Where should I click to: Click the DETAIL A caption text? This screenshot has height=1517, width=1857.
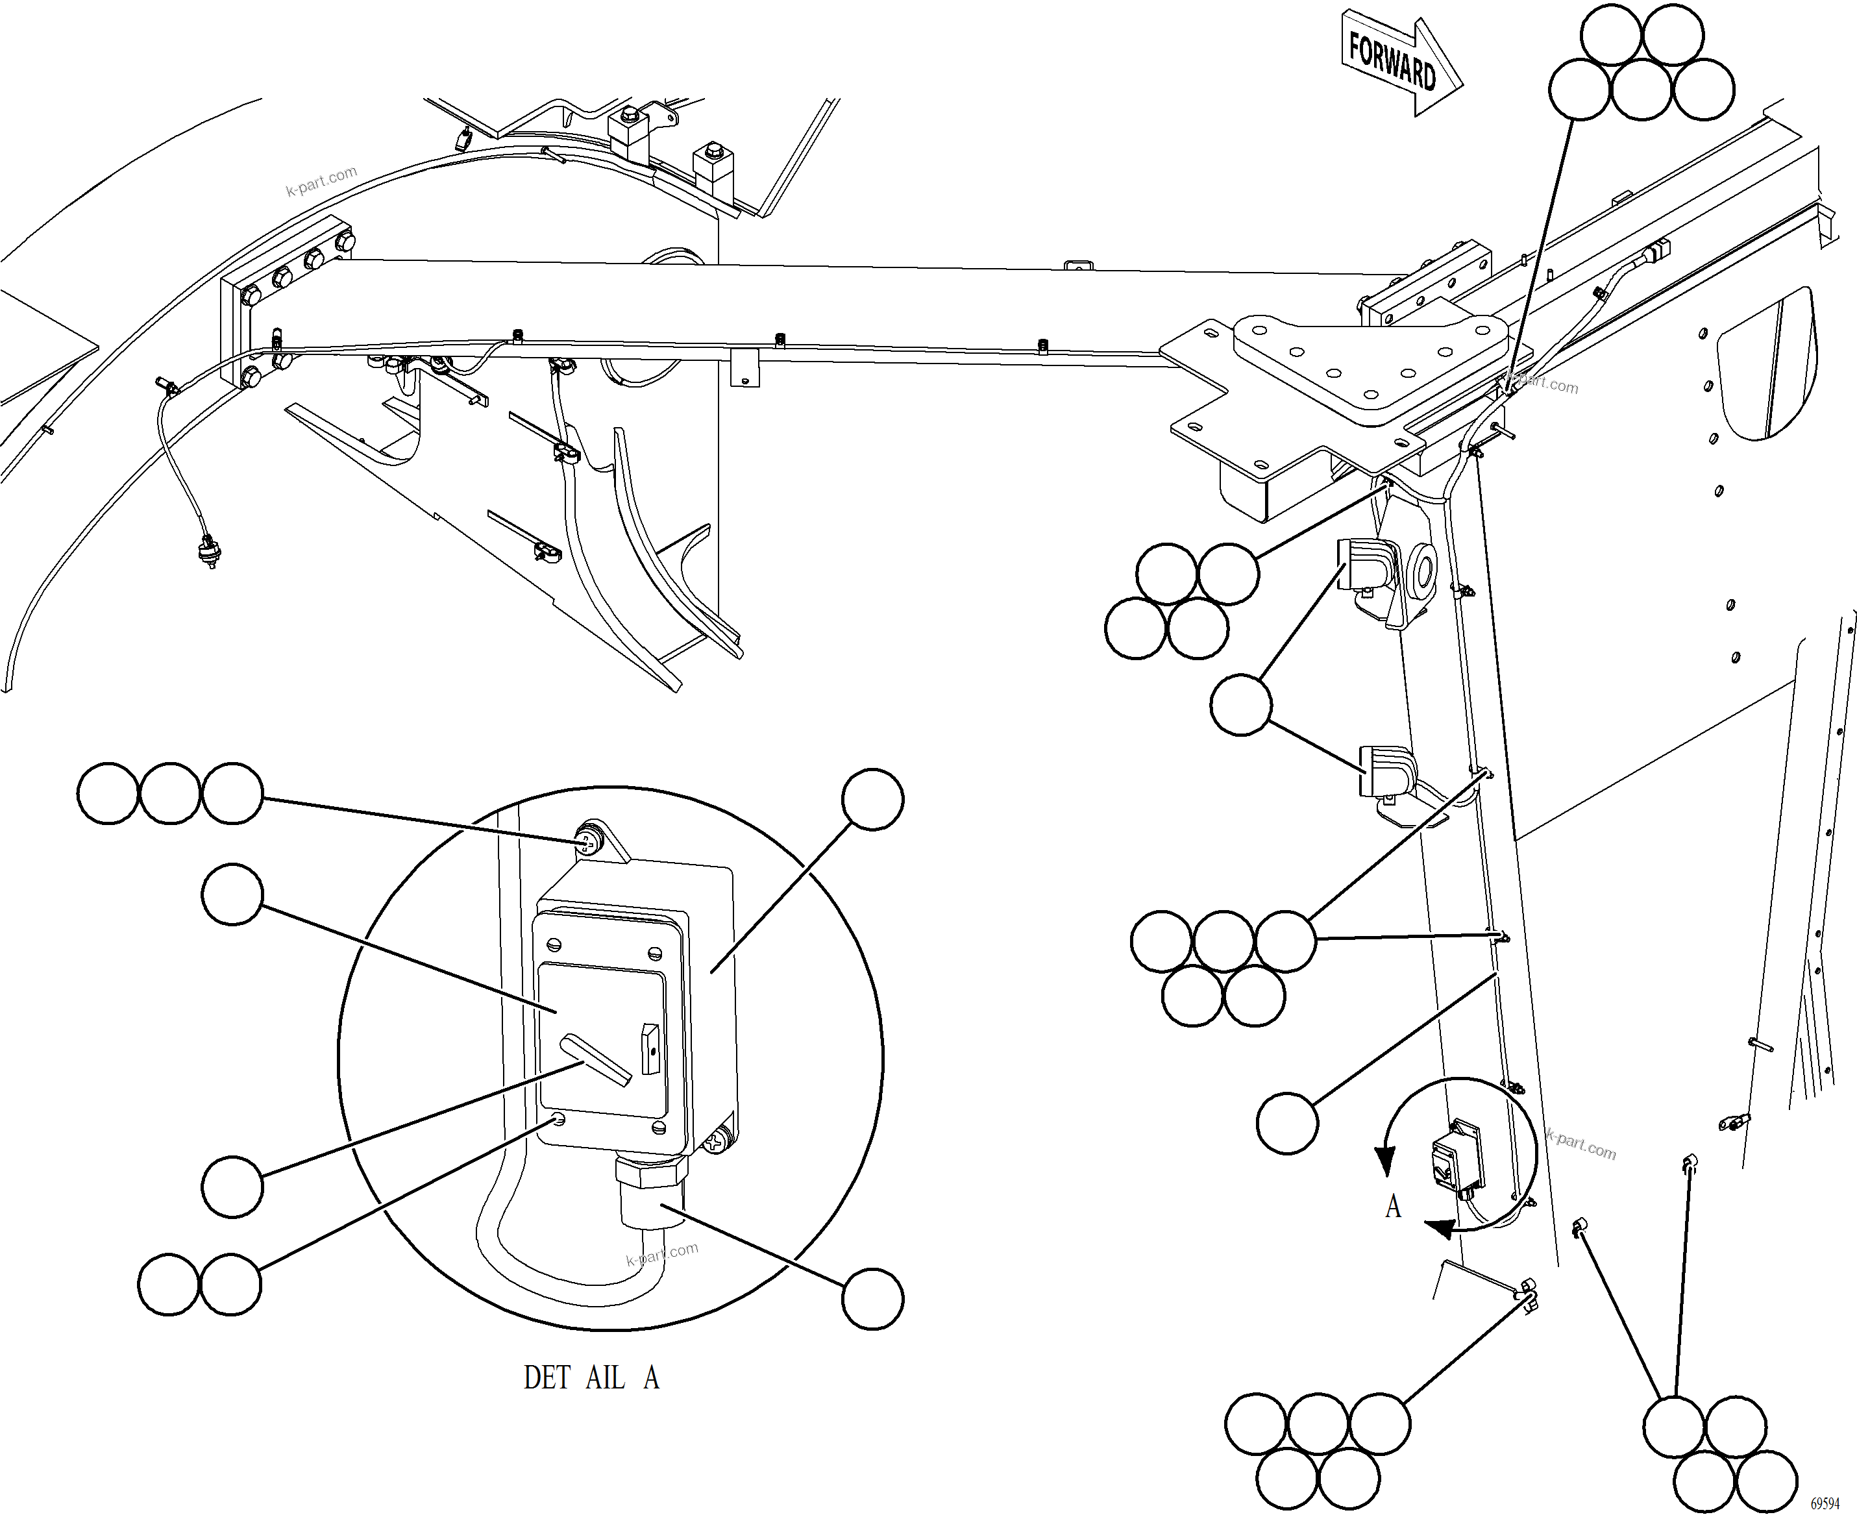591,1378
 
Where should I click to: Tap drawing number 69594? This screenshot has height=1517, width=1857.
1824,1502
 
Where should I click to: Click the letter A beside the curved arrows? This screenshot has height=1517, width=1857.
1393,1207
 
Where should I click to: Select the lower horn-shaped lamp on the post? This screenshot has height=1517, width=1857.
1385,771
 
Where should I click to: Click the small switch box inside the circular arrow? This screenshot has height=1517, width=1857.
1455,1158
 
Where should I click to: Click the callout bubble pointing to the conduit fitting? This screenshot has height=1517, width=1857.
872,1298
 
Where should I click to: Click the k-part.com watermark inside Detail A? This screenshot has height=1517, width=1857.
661,1255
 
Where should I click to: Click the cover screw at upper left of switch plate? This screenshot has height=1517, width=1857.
554,944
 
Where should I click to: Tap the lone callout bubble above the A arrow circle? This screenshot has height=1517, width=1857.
1286,1122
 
